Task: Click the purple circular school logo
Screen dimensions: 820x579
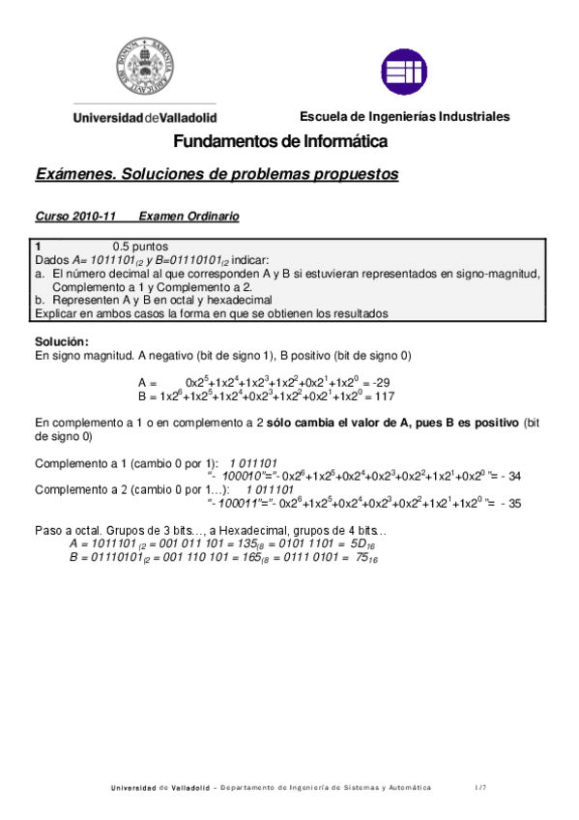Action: click(404, 72)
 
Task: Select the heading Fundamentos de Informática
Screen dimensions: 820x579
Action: click(280, 142)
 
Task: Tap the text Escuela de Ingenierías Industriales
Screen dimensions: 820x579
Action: click(404, 117)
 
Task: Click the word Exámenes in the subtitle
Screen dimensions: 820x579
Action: click(75, 175)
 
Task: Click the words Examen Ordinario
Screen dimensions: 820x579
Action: click(188, 217)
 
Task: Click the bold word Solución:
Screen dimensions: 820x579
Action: click(62, 342)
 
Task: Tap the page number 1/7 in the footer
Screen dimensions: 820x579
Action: click(479, 788)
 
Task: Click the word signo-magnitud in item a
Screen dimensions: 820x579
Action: click(496, 274)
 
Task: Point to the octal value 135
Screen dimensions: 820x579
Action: click(247, 545)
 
